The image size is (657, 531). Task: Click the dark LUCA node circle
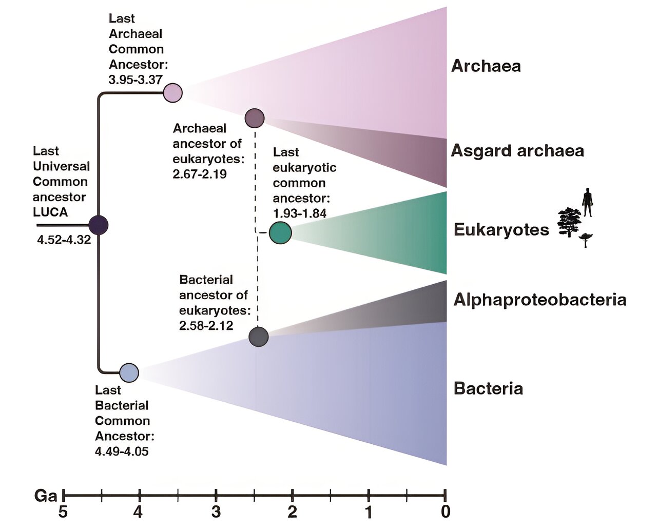click(x=98, y=225)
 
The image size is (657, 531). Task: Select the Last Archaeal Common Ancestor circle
click(x=173, y=93)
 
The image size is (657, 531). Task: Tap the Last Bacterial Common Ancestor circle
click(x=129, y=373)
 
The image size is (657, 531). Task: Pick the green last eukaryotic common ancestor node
click(x=280, y=233)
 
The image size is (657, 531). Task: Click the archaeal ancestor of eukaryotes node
click(x=255, y=118)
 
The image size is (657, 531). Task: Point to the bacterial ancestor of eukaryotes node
click(x=259, y=337)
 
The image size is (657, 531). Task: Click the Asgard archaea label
click(x=517, y=151)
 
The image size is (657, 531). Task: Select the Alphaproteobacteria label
click(x=540, y=300)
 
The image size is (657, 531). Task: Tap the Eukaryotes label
click(x=501, y=229)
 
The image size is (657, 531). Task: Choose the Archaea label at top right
click(x=486, y=66)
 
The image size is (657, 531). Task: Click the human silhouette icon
click(x=587, y=202)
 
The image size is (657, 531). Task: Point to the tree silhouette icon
click(x=569, y=222)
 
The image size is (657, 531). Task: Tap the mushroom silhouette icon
click(x=586, y=239)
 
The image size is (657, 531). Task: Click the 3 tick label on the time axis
click(x=216, y=512)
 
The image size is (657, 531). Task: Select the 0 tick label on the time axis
click(x=446, y=512)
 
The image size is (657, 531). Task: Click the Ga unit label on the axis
click(x=46, y=496)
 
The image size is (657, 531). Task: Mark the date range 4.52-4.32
click(x=64, y=240)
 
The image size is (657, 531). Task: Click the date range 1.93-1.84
click(x=299, y=213)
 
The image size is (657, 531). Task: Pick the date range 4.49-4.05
click(x=122, y=451)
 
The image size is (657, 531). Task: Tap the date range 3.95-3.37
click(x=136, y=80)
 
